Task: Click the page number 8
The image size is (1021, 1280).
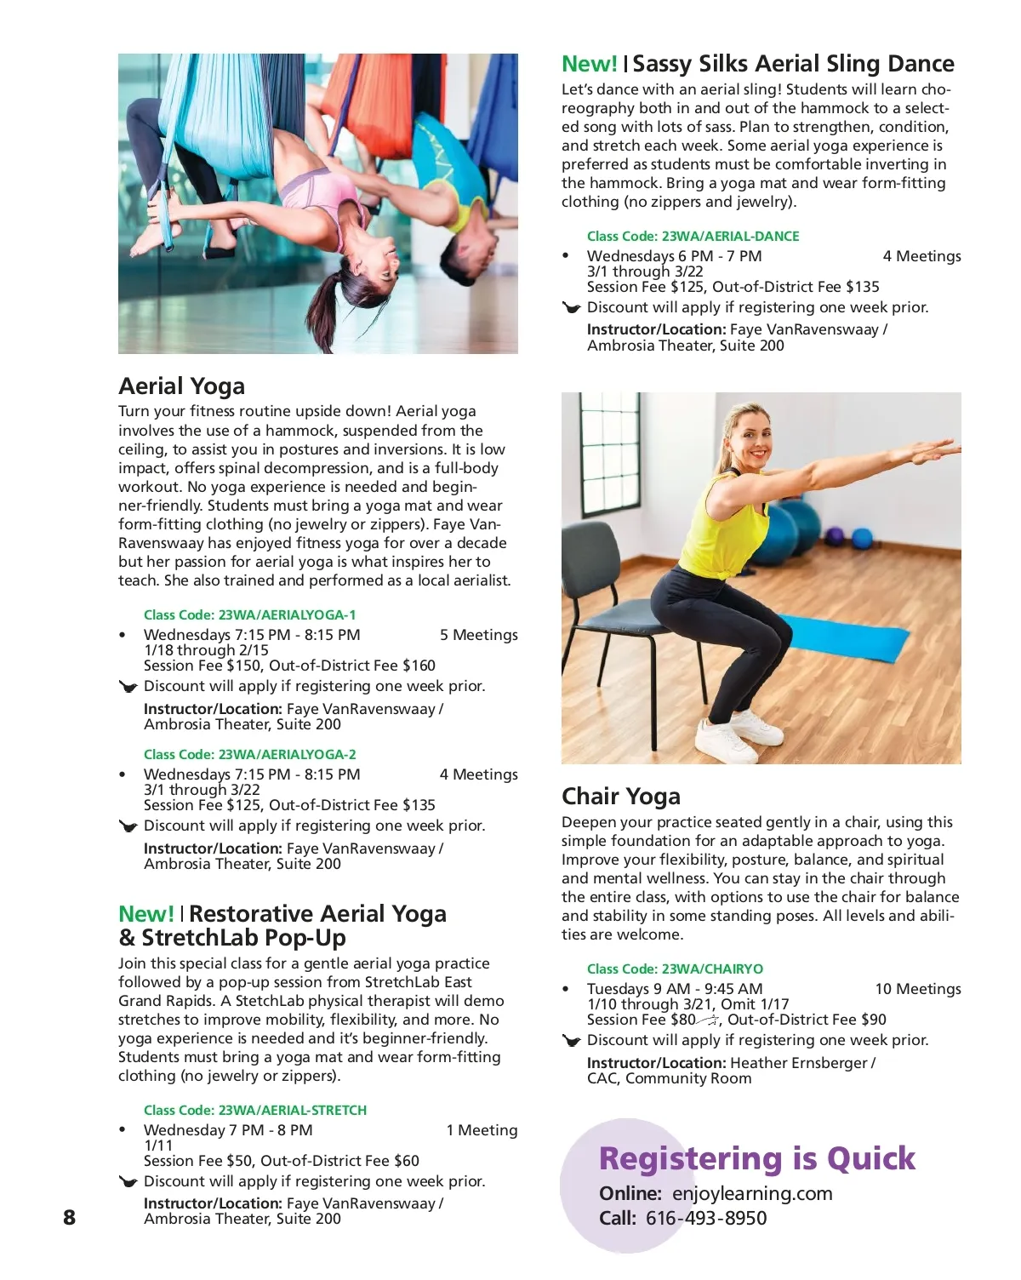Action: (x=69, y=1217)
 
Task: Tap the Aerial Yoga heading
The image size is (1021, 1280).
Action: (x=181, y=386)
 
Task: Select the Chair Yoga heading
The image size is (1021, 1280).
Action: (x=620, y=797)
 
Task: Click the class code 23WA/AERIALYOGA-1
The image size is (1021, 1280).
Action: (x=287, y=614)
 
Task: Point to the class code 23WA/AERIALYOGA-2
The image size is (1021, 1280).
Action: (x=287, y=754)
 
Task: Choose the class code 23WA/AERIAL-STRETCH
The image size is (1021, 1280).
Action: (x=292, y=1110)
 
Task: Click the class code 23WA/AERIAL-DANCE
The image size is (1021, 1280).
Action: (x=730, y=236)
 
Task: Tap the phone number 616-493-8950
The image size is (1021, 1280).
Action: (x=705, y=1218)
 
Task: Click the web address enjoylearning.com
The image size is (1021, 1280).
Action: (x=752, y=1193)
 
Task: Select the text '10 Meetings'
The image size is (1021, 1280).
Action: (x=917, y=989)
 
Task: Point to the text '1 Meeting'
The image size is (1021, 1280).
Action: (x=482, y=1130)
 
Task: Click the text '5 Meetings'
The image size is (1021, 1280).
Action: (x=478, y=635)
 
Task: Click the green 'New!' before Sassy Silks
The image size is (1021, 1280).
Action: (x=589, y=64)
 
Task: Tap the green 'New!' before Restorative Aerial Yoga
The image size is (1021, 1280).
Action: (x=146, y=914)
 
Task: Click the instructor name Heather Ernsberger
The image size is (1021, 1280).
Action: (x=798, y=1063)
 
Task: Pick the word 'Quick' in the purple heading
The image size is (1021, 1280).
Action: (x=870, y=1158)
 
